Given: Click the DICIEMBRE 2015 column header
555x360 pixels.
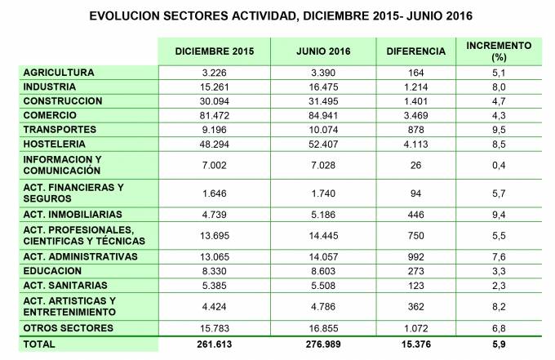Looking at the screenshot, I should click(x=215, y=51).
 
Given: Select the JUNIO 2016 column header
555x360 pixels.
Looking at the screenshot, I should click(x=322, y=51).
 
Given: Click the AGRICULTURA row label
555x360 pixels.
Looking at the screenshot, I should click(x=60, y=73).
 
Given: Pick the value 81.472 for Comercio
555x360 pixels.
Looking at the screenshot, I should click(x=215, y=115).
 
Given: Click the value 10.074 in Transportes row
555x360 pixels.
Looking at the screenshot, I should click(x=322, y=130).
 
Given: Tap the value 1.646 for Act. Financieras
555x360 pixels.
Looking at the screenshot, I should click(x=215, y=193).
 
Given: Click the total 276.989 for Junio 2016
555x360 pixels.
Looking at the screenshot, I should click(x=322, y=344).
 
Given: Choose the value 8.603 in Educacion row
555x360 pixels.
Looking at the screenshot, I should click(x=322, y=270).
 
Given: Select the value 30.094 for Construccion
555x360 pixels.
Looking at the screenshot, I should click(x=215, y=101).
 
